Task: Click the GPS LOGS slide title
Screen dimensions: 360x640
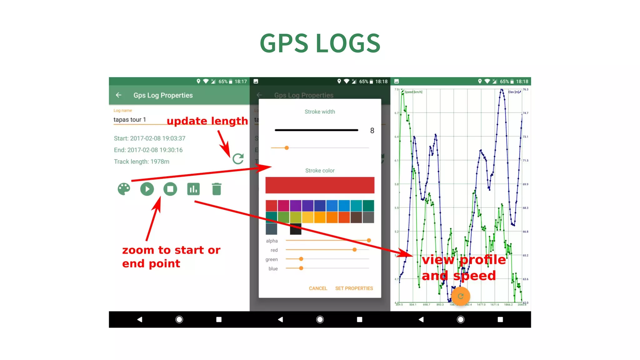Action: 320,43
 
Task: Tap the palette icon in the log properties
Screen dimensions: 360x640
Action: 124,189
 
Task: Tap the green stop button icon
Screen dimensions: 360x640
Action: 170,189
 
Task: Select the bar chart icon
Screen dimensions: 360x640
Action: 193,189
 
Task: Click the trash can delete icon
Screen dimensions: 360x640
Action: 217,189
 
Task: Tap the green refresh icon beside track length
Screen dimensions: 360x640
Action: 238,159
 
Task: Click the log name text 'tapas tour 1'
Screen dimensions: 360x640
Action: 130,120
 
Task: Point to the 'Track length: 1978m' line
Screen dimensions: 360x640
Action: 142,162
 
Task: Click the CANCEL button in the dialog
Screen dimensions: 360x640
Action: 318,288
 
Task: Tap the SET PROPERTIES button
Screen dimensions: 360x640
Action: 354,288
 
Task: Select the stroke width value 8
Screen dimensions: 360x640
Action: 372,131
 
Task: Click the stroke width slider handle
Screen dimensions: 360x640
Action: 287,148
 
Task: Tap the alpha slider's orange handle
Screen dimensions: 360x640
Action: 369,240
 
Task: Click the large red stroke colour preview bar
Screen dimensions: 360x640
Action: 320,185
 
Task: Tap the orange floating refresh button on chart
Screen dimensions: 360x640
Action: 461,296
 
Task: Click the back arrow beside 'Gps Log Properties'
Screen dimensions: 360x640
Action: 118,95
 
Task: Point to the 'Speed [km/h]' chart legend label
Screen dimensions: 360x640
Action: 413,92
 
